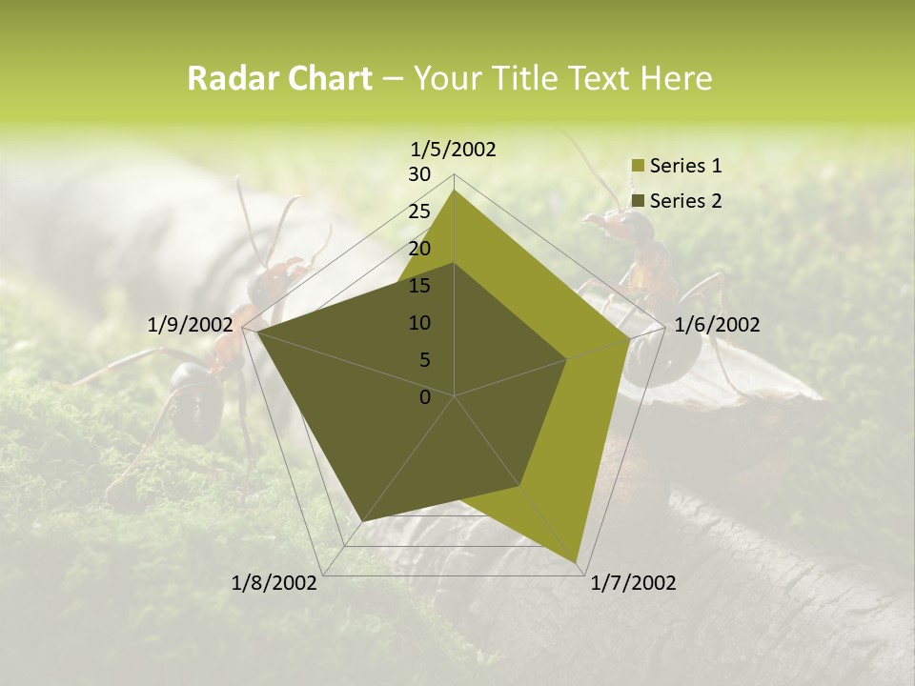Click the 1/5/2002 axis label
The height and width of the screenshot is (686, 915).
(x=453, y=149)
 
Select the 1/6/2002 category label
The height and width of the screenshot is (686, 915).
(x=717, y=325)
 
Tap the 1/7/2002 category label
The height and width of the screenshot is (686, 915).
(x=633, y=583)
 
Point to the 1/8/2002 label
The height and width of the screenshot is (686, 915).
(x=274, y=583)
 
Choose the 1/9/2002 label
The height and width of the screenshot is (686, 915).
(x=191, y=325)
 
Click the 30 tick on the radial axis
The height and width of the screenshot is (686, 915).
(x=419, y=174)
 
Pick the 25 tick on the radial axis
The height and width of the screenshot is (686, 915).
(x=419, y=212)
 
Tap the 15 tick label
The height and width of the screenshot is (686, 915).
(x=419, y=286)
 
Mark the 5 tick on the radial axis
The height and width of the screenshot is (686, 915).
(x=424, y=360)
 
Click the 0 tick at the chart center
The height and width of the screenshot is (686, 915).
(x=425, y=397)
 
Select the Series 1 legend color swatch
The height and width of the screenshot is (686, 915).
(x=638, y=167)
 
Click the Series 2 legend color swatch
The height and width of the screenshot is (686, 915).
(x=638, y=201)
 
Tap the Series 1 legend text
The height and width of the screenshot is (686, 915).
(x=685, y=166)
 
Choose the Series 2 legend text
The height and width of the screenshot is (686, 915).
(x=685, y=200)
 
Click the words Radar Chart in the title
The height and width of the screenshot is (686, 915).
(x=279, y=79)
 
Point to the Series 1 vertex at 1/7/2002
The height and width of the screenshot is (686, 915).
(x=577, y=562)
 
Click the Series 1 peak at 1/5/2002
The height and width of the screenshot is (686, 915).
(x=455, y=190)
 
